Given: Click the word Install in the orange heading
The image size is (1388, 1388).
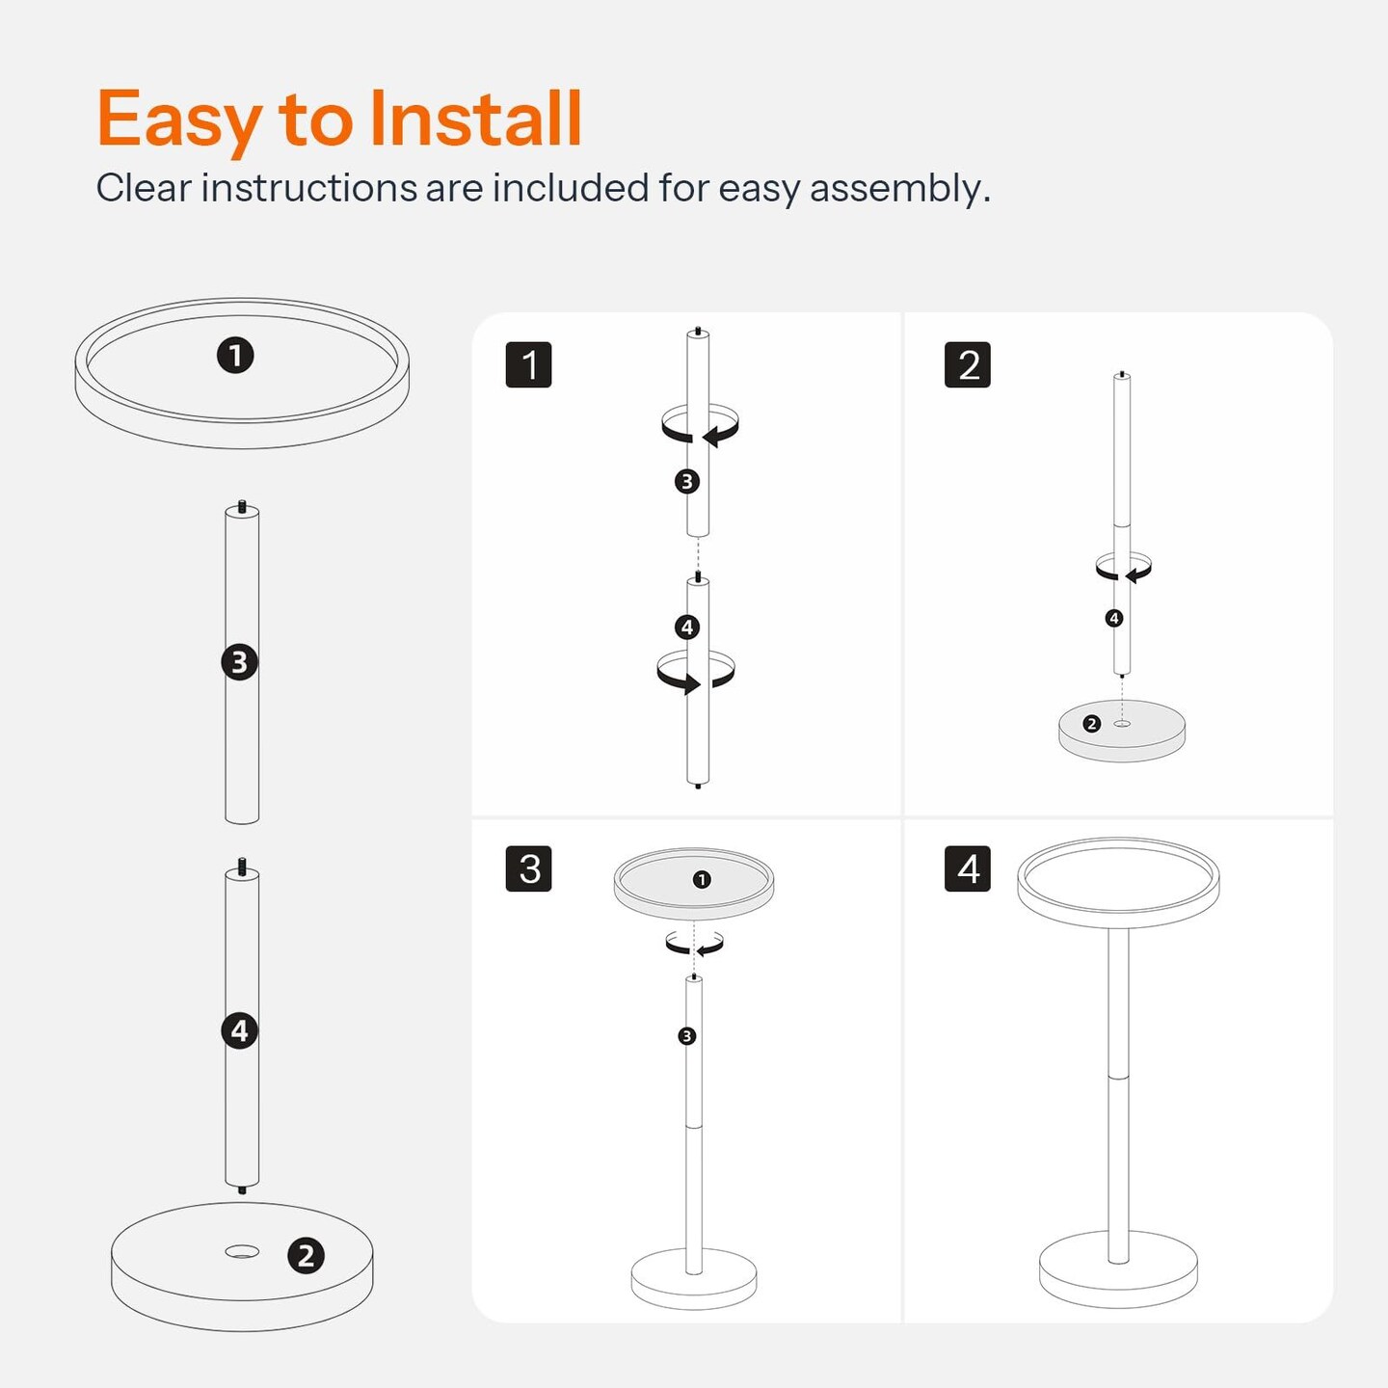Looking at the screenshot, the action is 474,119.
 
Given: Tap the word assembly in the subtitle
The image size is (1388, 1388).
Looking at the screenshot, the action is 899,190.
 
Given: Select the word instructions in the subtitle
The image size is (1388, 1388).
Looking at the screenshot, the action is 308,188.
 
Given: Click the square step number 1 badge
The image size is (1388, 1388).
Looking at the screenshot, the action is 529,365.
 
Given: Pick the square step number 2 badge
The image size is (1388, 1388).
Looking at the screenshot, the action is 968,365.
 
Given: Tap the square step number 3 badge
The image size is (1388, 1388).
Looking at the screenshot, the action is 529,868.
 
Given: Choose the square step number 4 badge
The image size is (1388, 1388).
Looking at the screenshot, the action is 968,868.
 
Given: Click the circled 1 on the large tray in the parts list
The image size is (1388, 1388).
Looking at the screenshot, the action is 235,356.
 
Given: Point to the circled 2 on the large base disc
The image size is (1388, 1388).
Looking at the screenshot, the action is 306,1256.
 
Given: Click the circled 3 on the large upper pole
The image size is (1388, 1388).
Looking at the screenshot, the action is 240,662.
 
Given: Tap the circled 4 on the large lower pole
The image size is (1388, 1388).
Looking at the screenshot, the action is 240,1030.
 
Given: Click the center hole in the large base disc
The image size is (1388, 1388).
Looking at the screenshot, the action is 242,1252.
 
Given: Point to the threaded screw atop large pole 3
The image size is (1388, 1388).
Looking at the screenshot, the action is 242,507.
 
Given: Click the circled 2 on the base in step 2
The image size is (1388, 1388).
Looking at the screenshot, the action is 1091,723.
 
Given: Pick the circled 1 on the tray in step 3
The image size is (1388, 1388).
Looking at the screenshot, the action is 702,879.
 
